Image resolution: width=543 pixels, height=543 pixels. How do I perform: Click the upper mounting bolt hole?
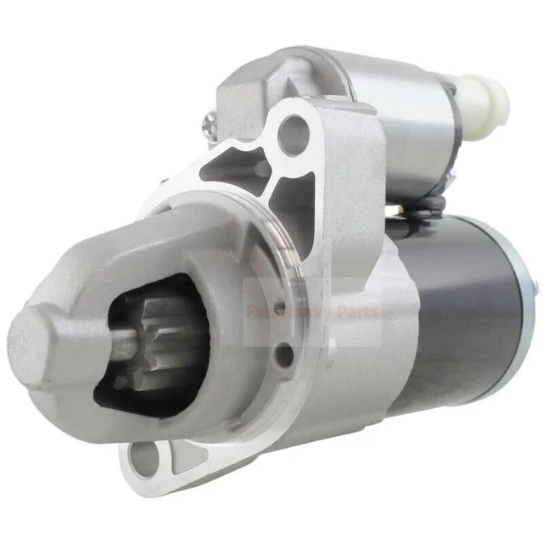point(294,130)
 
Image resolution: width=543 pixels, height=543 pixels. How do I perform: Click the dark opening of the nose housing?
point(161,382)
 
